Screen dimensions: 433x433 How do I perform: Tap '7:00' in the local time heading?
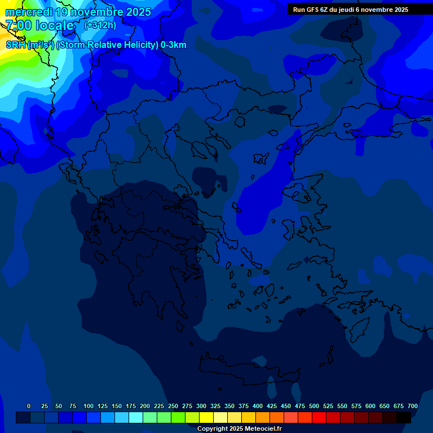19,25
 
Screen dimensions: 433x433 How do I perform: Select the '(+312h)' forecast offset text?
100,25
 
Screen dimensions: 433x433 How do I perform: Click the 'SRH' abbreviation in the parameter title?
16,45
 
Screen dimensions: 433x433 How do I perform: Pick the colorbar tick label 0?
29,406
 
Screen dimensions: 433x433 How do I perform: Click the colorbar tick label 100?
89,406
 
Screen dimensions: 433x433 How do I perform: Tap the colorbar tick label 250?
173,406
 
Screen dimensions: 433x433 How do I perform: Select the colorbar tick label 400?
258,406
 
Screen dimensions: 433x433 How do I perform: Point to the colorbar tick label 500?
314,406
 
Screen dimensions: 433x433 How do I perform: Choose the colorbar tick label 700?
413,406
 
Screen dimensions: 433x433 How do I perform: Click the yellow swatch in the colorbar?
206,418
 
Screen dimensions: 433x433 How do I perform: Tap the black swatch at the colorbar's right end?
404,418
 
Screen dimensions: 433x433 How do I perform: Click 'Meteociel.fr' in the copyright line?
263,429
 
